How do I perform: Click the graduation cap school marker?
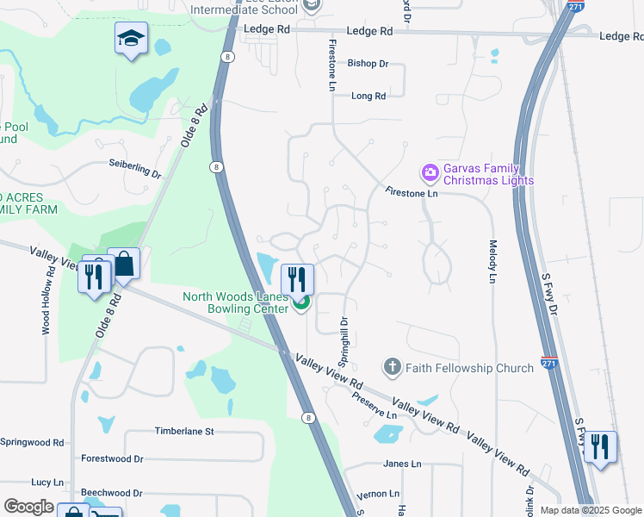(x=131, y=38)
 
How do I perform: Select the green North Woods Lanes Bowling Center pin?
(x=301, y=303)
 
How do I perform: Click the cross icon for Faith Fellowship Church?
(x=393, y=368)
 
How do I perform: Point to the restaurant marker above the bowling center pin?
(x=297, y=277)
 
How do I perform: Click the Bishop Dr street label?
(x=368, y=64)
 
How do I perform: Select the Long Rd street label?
(x=368, y=97)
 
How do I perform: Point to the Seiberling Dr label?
(x=135, y=168)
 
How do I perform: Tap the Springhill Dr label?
(x=344, y=333)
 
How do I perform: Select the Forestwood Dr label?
(x=112, y=459)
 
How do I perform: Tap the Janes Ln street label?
(x=403, y=464)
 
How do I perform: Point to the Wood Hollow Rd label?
(x=46, y=302)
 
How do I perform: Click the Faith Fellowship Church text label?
(x=471, y=369)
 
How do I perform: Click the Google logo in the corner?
(x=28, y=507)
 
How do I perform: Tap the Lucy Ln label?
(x=47, y=483)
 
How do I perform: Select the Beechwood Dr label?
(x=112, y=493)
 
